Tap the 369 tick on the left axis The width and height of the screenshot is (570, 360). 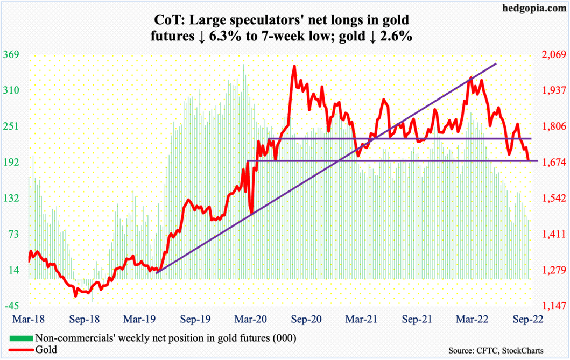coord(12,55)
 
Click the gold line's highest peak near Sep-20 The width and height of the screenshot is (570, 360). coord(294,67)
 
